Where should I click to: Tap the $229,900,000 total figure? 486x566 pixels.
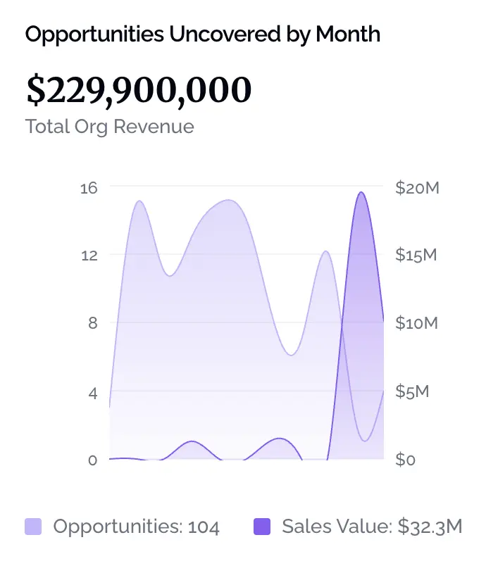(x=138, y=89)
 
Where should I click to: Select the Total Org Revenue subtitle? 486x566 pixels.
(x=109, y=127)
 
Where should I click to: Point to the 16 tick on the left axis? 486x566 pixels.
(x=89, y=187)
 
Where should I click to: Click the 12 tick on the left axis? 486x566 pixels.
(x=89, y=255)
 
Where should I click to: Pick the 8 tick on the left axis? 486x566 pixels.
(x=92, y=323)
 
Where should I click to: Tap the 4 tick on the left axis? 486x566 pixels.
(x=92, y=391)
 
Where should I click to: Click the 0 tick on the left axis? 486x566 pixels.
(x=92, y=460)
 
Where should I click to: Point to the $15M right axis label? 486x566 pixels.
(x=416, y=255)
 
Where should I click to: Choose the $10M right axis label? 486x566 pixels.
(x=417, y=323)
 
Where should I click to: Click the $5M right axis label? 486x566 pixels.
(x=412, y=391)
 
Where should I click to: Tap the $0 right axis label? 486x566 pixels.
(x=406, y=460)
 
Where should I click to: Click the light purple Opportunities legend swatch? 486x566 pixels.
(x=33, y=527)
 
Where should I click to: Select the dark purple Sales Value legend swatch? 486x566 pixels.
(x=261, y=527)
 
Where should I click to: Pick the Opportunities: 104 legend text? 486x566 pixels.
(x=137, y=527)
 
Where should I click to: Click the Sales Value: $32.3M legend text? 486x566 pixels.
(x=372, y=527)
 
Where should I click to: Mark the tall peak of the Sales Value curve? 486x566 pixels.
(x=361, y=192)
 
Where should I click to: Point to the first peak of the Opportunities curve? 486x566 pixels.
(x=139, y=201)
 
